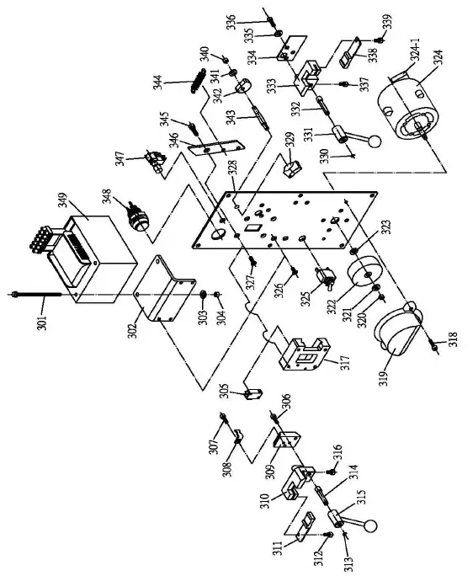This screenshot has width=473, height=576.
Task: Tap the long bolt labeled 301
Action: (39, 294)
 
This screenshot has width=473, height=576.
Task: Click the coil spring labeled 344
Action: (198, 86)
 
